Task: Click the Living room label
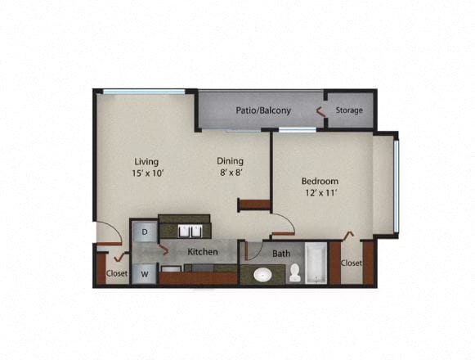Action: (147, 161)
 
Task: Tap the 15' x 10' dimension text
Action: (148, 173)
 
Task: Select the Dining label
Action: (230, 161)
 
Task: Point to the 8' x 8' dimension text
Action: (230, 173)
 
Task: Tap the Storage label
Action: (349, 110)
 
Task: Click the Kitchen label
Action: (203, 252)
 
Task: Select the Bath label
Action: (281, 254)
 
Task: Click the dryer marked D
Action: (145, 232)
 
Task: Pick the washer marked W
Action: (145, 273)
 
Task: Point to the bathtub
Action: (317, 263)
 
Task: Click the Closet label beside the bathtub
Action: (351, 263)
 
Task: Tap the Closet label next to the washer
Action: (117, 274)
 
